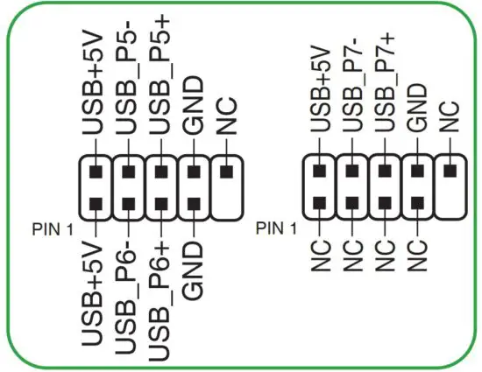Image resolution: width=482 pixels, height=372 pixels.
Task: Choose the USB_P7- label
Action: pyautogui.click(x=351, y=87)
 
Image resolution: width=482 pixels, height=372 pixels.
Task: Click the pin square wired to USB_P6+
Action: pyautogui.click(x=160, y=207)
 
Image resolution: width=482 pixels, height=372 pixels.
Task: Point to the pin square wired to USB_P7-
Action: pyautogui.click(x=351, y=170)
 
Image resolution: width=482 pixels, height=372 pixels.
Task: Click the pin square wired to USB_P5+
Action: pyautogui.click(x=160, y=170)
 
